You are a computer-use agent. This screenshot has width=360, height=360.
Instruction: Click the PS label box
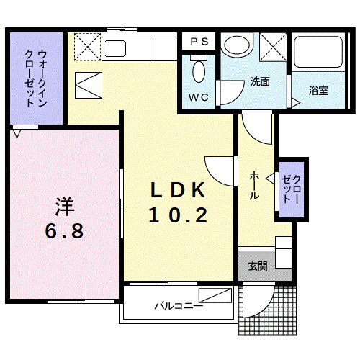pos(199,42)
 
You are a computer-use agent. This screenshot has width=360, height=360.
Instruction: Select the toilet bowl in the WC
pos(199,72)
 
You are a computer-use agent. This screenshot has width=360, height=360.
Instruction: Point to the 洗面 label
pos(260,82)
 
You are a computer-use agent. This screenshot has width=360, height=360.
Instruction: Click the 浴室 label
pos(318,91)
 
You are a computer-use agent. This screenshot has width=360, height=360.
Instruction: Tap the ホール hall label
pos(255,186)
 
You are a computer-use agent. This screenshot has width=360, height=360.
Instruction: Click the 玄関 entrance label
pos(258,266)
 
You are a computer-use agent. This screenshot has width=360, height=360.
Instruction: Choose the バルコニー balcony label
pos(178,305)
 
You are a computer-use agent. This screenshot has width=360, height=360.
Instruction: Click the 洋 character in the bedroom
pos(66,205)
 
